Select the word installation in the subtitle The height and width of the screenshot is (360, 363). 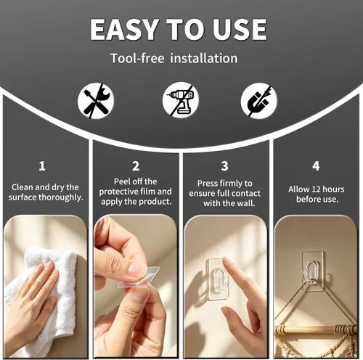pos(203,58)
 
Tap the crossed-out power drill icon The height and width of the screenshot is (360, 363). pos(179,102)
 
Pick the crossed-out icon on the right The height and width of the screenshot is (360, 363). pos(259,102)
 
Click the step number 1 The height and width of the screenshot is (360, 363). pos(42,166)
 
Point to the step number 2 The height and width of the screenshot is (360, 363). pos(136,166)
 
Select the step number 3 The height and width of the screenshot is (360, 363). pos(224,166)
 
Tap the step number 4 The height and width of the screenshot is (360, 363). pos(315,166)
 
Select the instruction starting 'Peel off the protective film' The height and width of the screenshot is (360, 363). pos(136,191)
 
